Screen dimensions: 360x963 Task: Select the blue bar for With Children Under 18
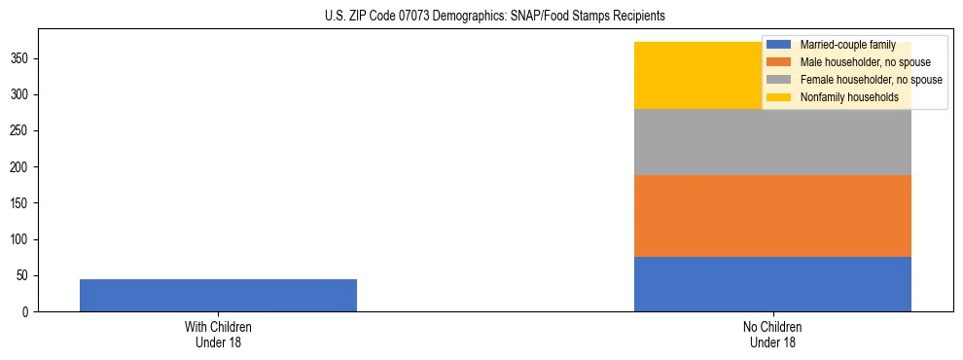coord(218,295)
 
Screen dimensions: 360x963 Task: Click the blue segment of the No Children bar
coord(772,284)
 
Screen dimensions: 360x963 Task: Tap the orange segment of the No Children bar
coord(772,216)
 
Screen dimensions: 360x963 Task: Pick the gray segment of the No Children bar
coord(772,142)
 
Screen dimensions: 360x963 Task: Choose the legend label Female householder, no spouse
coord(871,80)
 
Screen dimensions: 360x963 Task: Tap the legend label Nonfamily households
coord(849,97)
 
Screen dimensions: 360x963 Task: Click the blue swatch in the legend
coord(779,45)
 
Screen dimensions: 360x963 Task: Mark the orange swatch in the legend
coord(779,62)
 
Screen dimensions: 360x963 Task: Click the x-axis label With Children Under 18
coord(218,335)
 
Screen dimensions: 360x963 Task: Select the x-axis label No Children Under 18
coord(772,335)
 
